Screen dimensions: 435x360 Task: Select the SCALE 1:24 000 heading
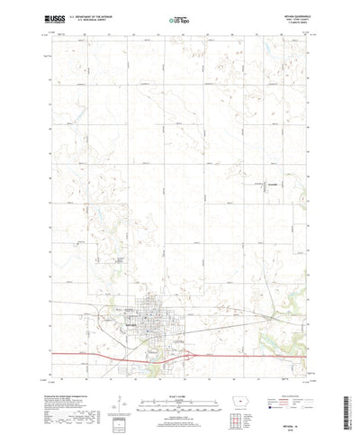click(179, 366)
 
